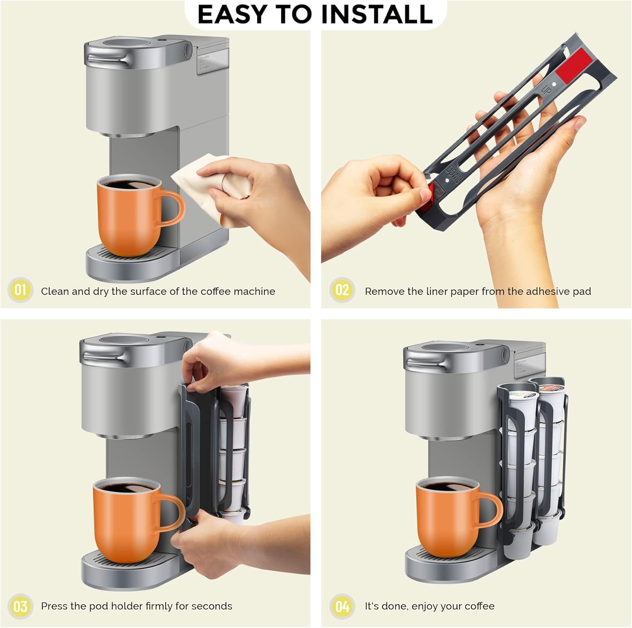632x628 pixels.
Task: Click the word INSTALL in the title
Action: click(377, 14)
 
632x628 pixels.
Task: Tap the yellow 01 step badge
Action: click(20, 290)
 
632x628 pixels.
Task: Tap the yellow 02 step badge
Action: click(342, 290)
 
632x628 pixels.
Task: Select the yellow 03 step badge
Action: click(20, 607)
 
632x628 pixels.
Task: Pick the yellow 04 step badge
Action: click(342, 607)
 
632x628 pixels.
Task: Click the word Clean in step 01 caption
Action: click(54, 291)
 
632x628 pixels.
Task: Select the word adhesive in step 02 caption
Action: click(547, 291)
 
